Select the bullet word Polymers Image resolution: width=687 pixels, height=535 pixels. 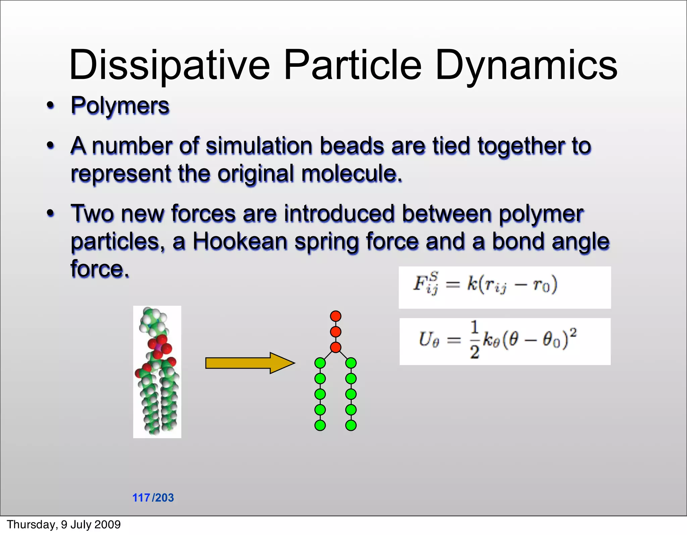tap(120, 106)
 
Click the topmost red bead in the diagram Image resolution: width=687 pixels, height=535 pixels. tap(335, 316)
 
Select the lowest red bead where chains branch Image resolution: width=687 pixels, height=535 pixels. tap(335, 347)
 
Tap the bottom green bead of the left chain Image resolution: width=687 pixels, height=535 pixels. tap(320, 425)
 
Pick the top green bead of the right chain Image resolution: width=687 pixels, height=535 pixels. tap(351, 363)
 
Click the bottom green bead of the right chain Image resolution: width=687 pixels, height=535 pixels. tap(351, 425)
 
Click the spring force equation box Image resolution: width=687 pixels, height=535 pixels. tap(505, 287)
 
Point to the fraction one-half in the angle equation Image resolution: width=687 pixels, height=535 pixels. tap(474, 340)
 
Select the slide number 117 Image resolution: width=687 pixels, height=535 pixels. tap(141, 497)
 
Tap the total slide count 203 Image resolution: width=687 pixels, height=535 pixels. tap(165, 497)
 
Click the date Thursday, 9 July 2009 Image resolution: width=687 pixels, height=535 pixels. tap(64, 524)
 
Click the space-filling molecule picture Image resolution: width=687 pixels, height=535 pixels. tap(157, 371)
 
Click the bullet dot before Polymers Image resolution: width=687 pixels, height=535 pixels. tap(50, 106)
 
